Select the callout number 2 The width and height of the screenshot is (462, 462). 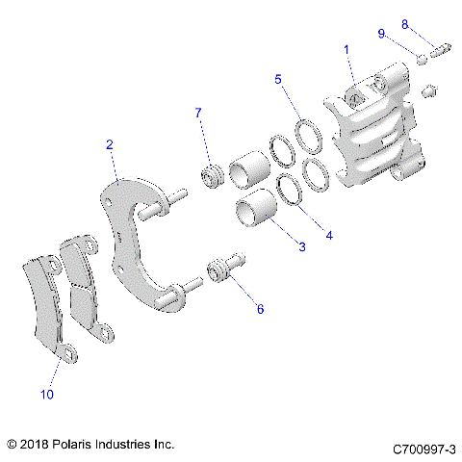tap(111, 144)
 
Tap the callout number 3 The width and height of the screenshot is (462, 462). tap(301, 247)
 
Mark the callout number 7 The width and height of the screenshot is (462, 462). tap(198, 114)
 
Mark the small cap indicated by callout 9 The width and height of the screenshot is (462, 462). tap(421, 60)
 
